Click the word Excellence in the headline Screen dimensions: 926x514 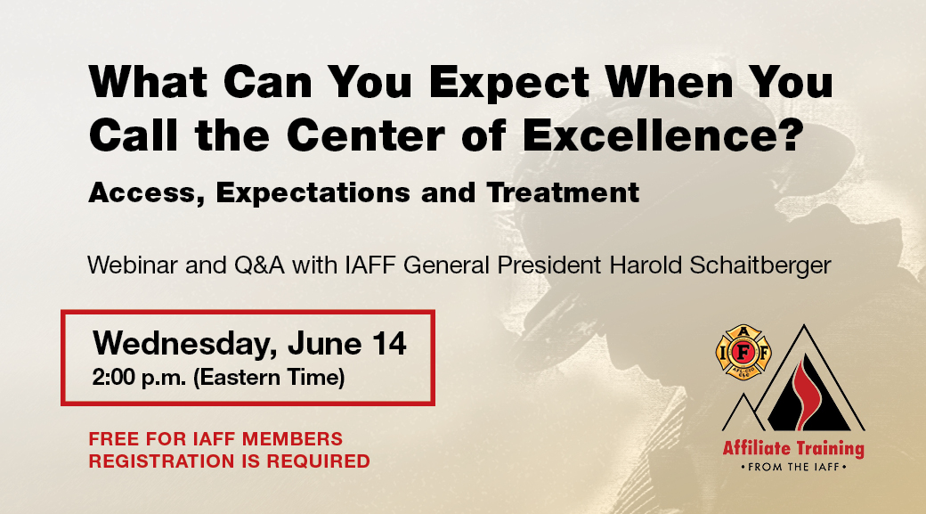tap(662, 135)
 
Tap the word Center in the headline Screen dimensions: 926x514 tap(365, 135)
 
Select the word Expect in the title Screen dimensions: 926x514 tap(509, 82)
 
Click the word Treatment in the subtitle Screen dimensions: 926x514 tap(563, 192)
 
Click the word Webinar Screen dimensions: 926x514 tap(133, 265)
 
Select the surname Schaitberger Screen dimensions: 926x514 tap(760, 265)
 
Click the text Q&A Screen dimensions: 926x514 tap(259, 265)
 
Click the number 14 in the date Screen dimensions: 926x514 tap(388, 343)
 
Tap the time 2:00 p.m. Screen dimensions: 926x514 tap(139, 378)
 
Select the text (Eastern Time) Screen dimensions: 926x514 tap(269, 378)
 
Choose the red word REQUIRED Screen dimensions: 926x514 tap(319, 461)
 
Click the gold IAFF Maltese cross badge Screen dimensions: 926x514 tap(743, 352)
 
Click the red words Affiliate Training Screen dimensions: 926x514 tap(793, 449)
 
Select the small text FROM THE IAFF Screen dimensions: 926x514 tap(793, 468)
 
